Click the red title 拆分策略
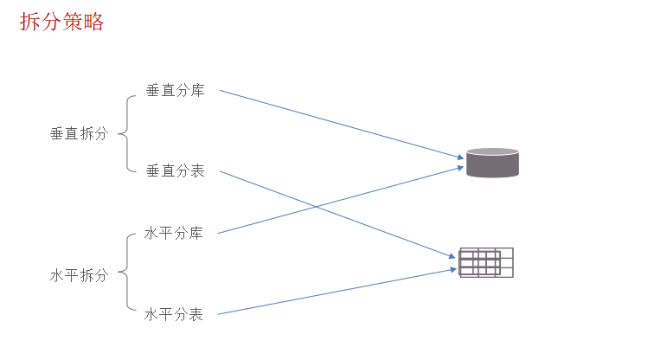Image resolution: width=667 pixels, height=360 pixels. (x=61, y=22)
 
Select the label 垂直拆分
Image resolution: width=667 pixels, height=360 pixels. (x=79, y=134)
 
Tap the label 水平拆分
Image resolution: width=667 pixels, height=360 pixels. (x=79, y=275)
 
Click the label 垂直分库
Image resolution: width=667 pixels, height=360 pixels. (x=175, y=90)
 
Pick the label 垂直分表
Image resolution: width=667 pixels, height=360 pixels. (x=175, y=170)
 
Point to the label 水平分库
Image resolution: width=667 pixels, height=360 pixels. (x=174, y=233)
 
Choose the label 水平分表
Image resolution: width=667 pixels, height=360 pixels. (x=174, y=314)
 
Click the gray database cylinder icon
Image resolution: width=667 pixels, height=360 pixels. (x=492, y=164)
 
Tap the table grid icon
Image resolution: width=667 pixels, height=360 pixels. (x=486, y=263)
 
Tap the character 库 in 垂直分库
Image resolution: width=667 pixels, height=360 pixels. (x=197, y=90)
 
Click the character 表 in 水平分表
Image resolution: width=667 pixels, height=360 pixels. (x=196, y=314)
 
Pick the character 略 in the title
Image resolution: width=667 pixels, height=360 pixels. (x=93, y=22)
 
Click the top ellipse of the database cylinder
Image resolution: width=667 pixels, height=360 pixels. (x=492, y=153)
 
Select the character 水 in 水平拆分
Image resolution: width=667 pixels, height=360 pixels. (x=57, y=275)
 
